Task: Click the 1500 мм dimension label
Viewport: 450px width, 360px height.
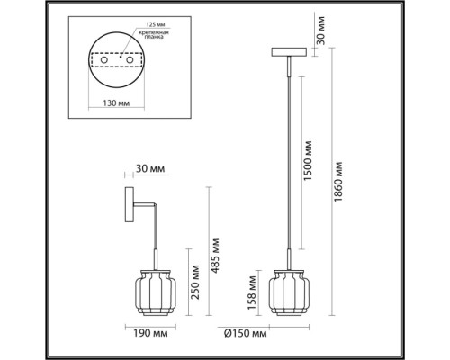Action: tap(308, 159)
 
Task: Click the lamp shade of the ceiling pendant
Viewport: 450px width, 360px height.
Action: tap(288, 290)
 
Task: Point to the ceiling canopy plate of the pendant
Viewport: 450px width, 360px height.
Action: tap(289, 53)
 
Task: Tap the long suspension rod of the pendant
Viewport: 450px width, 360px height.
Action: tap(289, 162)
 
